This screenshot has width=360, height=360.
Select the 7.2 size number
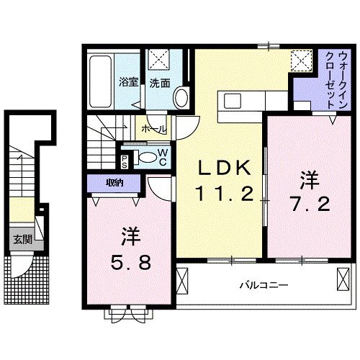tap(310, 203)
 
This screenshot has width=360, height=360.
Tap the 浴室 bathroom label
tap(128, 83)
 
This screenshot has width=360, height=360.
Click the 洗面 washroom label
tap(159, 83)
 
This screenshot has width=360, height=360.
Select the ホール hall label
tap(153, 129)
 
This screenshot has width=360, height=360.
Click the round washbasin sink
tap(181, 97)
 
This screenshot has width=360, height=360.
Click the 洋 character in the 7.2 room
tap(310, 177)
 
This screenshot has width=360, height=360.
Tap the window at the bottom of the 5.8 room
tap(130, 311)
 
